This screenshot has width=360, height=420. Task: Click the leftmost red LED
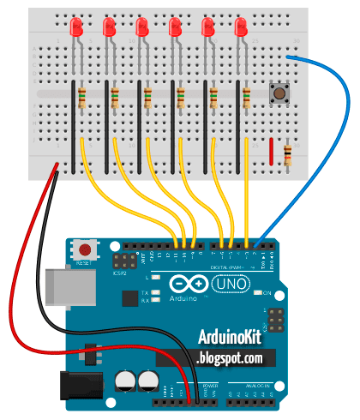pyautogui.click(x=75, y=27)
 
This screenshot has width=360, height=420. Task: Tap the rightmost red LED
pyautogui.click(x=241, y=27)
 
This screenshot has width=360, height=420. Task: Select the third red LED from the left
pyautogui.click(x=142, y=27)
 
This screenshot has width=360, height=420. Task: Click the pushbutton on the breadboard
pyautogui.click(x=278, y=93)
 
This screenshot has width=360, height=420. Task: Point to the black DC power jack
pyautogui.click(x=75, y=386)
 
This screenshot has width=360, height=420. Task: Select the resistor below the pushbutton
pyautogui.click(x=287, y=157)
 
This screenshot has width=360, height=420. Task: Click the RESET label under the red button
pyautogui.click(x=84, y=264)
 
